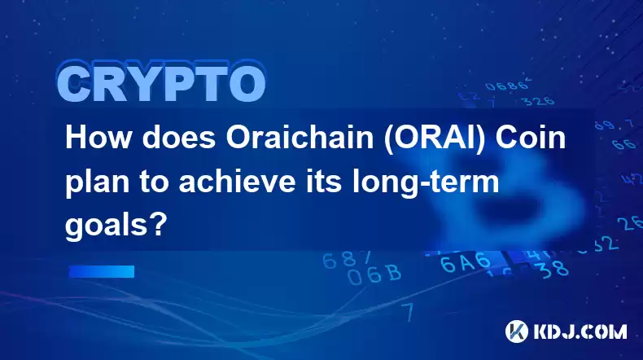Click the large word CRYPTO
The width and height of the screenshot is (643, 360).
(x=162, y=83)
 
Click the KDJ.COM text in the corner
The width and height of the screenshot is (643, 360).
(x=580, y=331)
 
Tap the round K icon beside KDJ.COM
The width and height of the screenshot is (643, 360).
(x=517, y=331)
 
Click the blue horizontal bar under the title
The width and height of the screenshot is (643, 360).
(x=101, y=271)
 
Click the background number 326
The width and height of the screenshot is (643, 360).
(x=538, y=100)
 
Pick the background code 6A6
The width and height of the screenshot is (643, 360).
(x=466, y=262)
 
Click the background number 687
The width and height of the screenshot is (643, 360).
(x=348, y=260)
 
